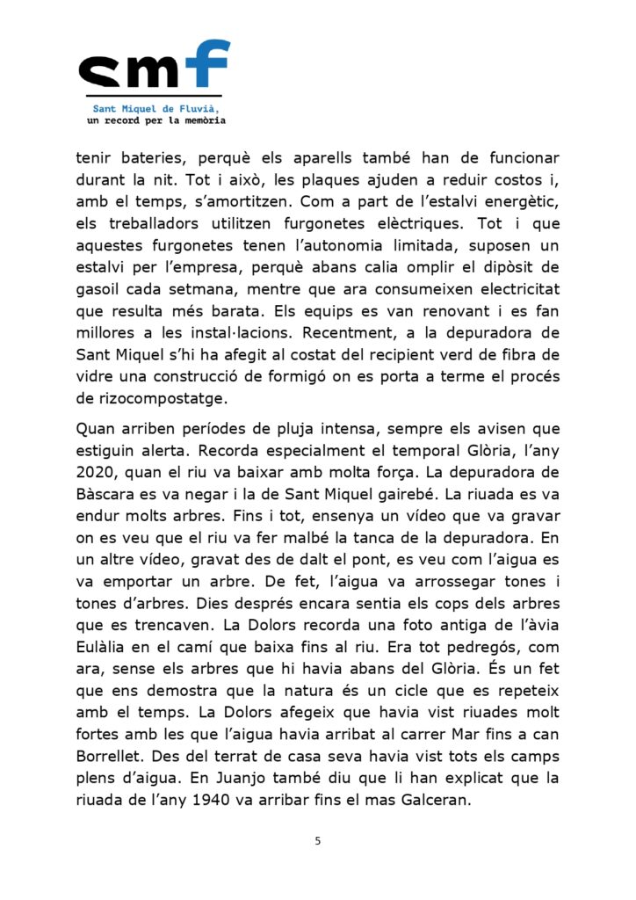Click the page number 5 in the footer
coord(318,841)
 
